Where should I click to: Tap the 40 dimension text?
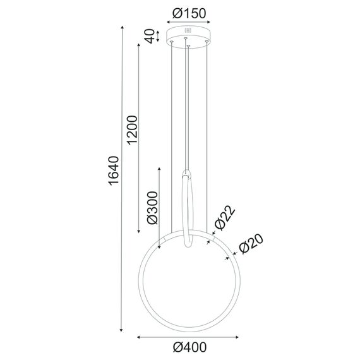[x=149, y=37]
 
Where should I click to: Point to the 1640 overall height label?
[x=113, y=171]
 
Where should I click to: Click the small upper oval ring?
[x=188, y=208]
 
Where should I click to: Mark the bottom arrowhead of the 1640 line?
[x=121, y=332]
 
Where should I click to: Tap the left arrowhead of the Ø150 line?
[x=167, y=20]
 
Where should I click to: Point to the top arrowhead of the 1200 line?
[x=140, y=45]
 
